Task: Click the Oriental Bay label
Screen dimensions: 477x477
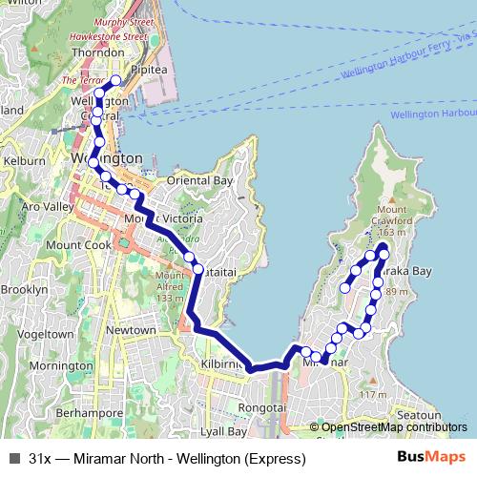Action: click(x=199, y=180)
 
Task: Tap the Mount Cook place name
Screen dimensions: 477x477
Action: click(x=73, y=243)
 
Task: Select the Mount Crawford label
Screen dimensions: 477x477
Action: click(x=394, y=215)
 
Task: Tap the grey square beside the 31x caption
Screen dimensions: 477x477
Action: click(x=12, y=459)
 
